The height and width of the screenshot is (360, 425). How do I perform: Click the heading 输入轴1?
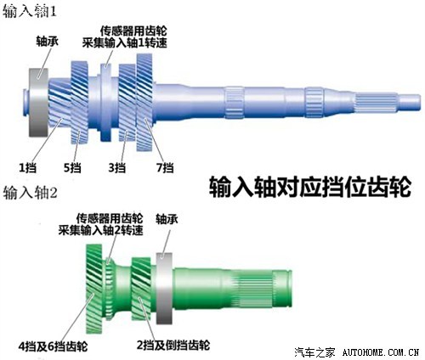coord(30,12)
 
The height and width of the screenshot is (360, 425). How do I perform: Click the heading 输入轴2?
coord(31,193)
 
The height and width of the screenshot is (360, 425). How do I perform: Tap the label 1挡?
coord(27,168)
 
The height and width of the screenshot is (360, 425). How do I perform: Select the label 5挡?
coord(72,168)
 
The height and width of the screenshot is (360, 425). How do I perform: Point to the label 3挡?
coord(117,168)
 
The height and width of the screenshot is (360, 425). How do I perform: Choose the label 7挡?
coord(165,168)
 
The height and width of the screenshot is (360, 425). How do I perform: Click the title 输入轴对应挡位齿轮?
coord(310,187)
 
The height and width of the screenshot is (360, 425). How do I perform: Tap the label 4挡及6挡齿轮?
coord(53,346)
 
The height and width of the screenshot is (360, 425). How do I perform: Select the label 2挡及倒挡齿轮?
coord(173,345)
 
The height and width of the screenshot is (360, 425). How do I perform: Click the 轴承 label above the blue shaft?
coord(47,42)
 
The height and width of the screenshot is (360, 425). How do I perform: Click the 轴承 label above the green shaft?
coord(167,219)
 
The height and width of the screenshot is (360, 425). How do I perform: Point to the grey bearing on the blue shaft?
coord(38,103)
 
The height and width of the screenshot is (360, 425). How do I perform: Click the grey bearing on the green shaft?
coord(164,288)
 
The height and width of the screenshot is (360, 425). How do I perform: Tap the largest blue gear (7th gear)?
coord(144,102)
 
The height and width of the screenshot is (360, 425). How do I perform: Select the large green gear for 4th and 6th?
coord(94,289)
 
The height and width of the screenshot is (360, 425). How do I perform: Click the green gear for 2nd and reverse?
coord(141,289)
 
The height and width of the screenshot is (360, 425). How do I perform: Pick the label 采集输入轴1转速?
coord(125,43)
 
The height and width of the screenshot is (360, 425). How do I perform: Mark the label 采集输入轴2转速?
coord(101,230)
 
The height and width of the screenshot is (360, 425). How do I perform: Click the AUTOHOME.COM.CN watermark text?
coord(380,352)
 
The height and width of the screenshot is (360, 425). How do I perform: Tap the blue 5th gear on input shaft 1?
coord(79,103)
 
